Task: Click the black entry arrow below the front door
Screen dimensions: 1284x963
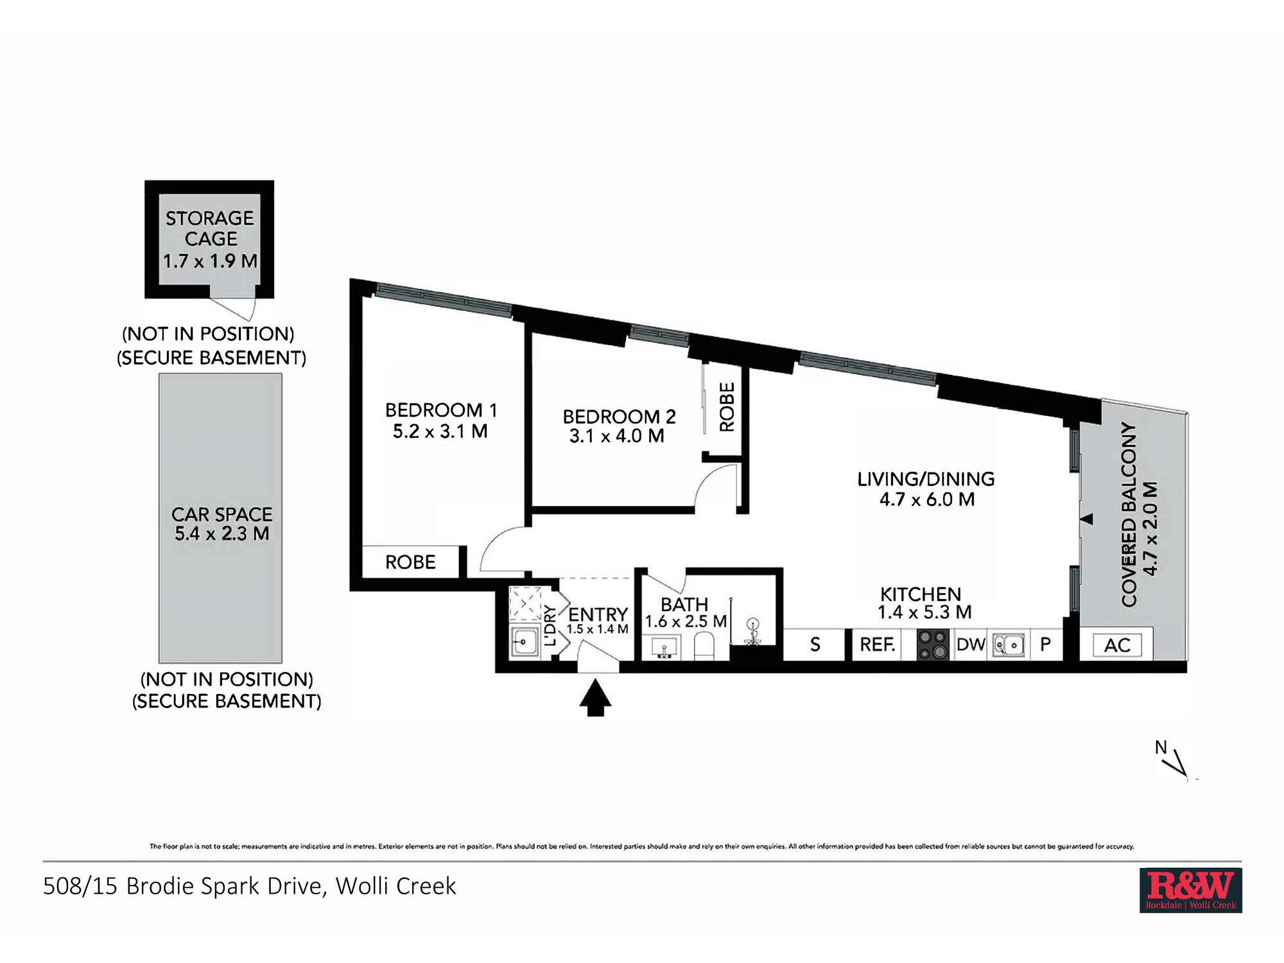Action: tap(595, 698)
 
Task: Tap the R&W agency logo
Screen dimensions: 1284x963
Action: tap(1190, 890)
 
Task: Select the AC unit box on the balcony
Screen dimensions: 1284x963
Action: tap(1117, 645)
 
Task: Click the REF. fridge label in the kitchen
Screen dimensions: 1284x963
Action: tap(878, 644)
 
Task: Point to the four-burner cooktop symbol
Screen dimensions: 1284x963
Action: tap(933, 645)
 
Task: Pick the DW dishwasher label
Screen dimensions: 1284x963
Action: tap(970, 644)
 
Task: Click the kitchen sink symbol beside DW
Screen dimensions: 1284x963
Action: tap(1009, 645)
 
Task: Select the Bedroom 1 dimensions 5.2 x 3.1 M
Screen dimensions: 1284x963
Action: tap(440, 431)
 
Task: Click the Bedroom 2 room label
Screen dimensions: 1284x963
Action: tap(619, 417)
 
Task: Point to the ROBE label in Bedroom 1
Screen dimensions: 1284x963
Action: tap(410, 562)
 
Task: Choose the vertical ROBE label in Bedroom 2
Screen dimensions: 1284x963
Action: tap(727, 407)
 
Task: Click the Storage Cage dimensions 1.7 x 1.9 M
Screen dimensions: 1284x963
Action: tap(210, 261)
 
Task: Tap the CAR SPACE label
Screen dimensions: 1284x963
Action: tap(221, 514)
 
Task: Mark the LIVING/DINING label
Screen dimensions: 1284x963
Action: tap(926, 479)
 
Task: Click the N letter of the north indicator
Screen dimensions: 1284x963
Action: tap(1161, 747)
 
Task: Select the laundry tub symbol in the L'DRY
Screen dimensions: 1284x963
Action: tap(524, 641)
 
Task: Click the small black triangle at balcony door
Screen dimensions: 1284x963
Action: tap(1086, 519)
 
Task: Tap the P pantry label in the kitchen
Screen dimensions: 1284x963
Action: tap(1046, 644)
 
